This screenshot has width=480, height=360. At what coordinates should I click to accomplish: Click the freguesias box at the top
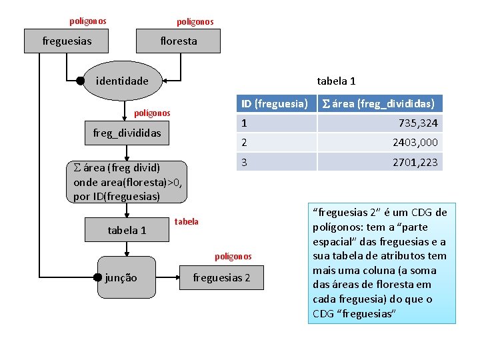coord(67,41)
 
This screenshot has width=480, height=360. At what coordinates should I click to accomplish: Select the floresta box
coord(179,41)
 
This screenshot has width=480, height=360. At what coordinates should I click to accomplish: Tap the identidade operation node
coord(123,81)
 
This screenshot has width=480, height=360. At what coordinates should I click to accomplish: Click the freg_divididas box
coord(127,133)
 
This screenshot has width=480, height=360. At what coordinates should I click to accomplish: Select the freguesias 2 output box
coord(221,277)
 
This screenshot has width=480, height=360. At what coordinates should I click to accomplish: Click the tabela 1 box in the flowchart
coord(127,230)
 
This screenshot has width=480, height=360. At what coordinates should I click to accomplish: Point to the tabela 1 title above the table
coord(336,81)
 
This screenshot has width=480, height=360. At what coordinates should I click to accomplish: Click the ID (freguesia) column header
coord(275,103)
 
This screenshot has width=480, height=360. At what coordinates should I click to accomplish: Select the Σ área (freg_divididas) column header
coord(378,103)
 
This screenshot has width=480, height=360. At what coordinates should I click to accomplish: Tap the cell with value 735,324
coord(378,123)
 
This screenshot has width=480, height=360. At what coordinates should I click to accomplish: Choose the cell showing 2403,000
coord(378,142)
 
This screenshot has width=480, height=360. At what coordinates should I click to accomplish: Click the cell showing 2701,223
coord(378,162)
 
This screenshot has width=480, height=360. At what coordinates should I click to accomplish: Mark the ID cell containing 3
coord(275,162)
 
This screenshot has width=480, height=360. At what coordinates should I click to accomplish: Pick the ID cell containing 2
coord(275,142)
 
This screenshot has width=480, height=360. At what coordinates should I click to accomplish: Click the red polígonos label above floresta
coord(195,22)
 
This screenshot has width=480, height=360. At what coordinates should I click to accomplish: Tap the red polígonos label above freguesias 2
coord(233,256)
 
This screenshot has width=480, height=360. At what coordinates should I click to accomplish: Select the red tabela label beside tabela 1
coord(186,221)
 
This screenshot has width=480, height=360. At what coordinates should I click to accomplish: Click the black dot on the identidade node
coord(81,81)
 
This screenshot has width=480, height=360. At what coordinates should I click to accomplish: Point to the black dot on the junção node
coord(98,277)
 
